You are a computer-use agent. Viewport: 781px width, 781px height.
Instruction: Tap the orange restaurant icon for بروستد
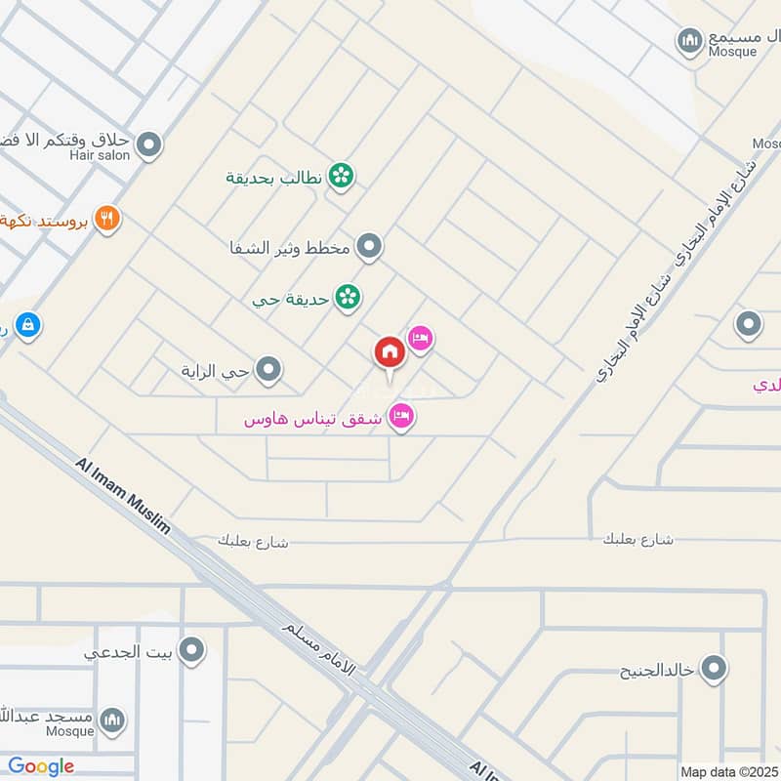[107, 219]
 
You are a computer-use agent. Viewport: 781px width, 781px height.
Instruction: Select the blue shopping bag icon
[28, 324]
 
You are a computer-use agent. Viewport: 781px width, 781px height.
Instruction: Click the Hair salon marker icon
[149, 145]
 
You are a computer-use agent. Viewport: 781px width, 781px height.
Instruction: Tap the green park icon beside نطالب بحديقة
[340, 176]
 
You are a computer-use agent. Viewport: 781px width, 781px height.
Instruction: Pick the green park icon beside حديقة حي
[347, 297]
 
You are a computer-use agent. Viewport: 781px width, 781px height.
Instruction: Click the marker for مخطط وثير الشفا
[368, 247]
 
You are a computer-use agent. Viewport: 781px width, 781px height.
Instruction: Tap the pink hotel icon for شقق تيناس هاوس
[401, 418]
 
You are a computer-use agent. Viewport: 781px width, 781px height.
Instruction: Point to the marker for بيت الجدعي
[192, 649]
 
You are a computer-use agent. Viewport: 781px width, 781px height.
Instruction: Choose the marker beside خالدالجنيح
[715, 669]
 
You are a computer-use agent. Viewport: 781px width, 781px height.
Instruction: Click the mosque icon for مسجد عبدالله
[112, 721]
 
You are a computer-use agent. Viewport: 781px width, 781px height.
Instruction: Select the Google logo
[41, 766]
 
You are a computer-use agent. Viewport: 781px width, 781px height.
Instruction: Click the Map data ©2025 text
[728, 771]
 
